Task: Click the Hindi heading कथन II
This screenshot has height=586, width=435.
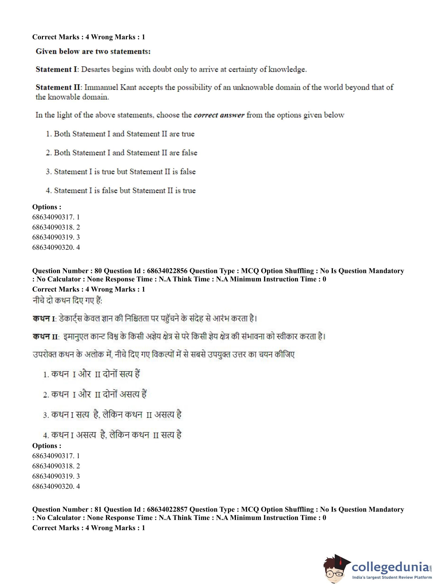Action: [x=45, y=337]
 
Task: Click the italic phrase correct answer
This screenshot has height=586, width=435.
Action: [x=219, y=115]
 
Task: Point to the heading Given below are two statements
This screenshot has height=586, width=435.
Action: [x=93, y=52]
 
